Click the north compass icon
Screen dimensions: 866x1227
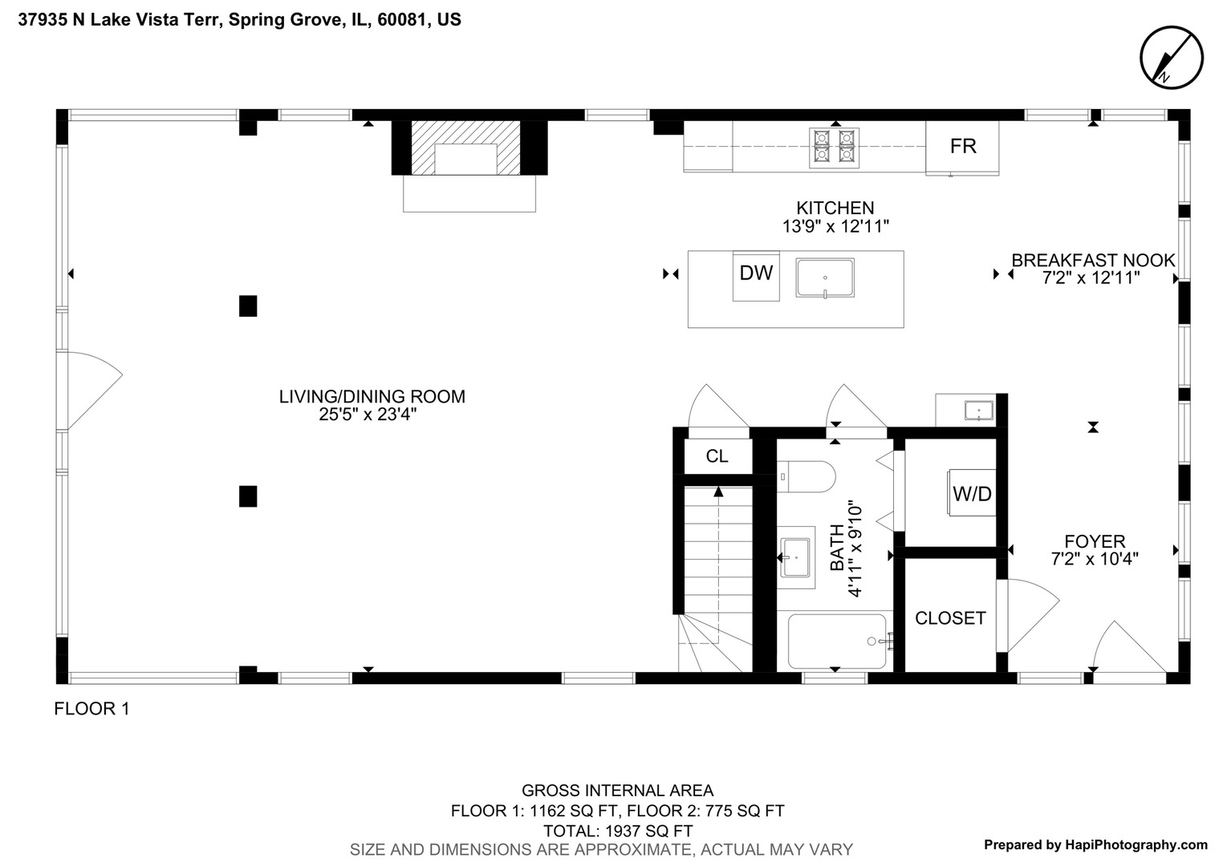coord(1172,57)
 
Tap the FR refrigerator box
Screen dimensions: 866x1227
coord(962,147)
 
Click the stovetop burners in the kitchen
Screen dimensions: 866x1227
coord(834,148)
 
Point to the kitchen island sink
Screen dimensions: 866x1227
coord(825,278)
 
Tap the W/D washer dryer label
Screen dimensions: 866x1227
coord(972,494)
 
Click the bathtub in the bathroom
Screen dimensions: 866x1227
coord(836,641)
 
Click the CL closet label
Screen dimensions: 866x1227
coord(717,456)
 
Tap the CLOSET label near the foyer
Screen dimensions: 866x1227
coord(950,618)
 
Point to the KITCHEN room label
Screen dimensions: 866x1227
coord(835,208)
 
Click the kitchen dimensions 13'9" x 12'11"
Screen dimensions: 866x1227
coord(835,227)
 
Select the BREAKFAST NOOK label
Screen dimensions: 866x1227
coord(1092,261)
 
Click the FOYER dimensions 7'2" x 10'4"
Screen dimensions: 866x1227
coord(1095,559)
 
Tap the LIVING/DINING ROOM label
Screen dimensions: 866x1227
coord(372,396)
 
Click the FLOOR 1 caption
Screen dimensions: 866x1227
coord(91,709)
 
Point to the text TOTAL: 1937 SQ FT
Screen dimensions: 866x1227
coord(617,831)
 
